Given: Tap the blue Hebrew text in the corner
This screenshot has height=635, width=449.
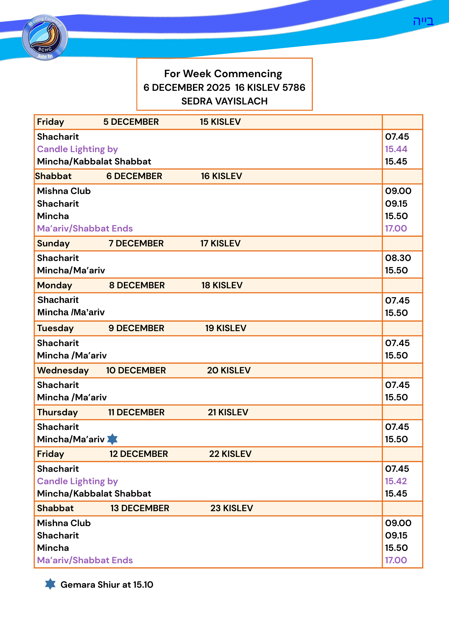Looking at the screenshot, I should point(423,21).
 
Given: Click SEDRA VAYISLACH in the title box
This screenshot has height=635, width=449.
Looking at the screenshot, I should point(224,101).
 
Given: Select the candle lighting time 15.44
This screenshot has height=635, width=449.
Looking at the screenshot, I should point(396,149).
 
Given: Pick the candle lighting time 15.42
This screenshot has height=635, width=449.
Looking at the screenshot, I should point(396,481).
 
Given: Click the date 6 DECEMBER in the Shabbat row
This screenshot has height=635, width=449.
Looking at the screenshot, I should point(134,176).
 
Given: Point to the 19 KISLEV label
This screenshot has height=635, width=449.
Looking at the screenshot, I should point(225,328).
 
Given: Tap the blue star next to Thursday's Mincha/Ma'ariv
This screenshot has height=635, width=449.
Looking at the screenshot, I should point(112,439).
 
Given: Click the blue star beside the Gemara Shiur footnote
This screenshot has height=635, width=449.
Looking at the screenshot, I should point(50,584).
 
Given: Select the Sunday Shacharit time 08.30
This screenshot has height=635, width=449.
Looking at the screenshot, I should point(398,258).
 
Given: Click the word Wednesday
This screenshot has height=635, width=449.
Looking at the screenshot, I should point(63,371).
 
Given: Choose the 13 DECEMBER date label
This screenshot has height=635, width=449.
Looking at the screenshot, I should point(140,508).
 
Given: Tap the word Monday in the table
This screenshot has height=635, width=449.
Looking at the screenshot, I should point(55,285).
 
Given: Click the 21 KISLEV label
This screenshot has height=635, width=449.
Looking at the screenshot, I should point(228,412).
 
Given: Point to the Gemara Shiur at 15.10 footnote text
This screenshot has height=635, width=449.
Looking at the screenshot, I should point(107,585).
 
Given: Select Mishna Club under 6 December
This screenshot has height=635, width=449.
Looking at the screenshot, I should point(64,191).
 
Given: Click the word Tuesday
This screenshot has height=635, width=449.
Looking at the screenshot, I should point(55,328).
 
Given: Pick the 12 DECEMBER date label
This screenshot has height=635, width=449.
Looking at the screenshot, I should point(138,454).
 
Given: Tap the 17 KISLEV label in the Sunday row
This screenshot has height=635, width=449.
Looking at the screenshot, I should point(220,244).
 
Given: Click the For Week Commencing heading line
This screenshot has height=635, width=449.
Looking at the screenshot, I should point(223,74).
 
